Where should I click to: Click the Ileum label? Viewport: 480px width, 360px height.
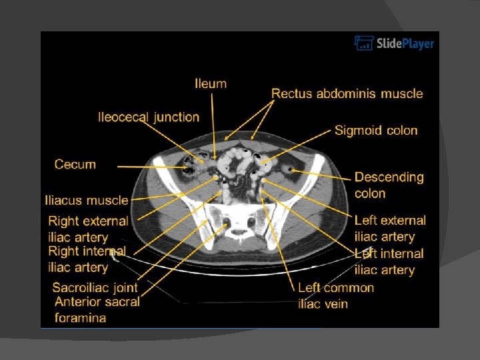click(x=211, y=84)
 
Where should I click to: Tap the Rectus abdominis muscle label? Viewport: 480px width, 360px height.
click(x=347, y=93)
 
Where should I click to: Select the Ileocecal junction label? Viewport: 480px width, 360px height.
click(x=149, y=117)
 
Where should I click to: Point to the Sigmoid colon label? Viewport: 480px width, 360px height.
click(x=376, y=130)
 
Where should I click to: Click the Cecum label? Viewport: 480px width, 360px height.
click(x=75, y=164)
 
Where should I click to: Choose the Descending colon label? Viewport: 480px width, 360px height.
click(x=389, y=185)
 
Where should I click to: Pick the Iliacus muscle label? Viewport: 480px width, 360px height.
click(x=86, y=200)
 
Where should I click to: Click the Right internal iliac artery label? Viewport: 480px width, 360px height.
click(x=87, y=259)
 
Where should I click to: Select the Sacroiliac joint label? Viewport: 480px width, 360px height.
click(x=95, y=288)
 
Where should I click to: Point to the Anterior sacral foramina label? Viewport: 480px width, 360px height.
click(x=97, y=309)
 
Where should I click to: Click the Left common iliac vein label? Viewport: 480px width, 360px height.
click(x=336, y=296)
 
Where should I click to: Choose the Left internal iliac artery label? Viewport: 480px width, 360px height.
click(x=389, y=261)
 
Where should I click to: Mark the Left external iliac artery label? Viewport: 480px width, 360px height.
click(x=390, y=228)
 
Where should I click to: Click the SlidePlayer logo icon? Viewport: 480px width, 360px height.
click(x=363, y=44)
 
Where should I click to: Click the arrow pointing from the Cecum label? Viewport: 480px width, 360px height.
click(x=140, y=166)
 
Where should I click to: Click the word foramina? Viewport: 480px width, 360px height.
click(x=80, y=318)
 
